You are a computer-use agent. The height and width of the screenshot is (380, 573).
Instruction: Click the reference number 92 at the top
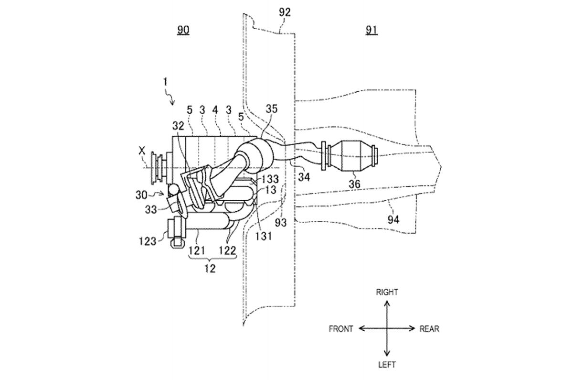285,12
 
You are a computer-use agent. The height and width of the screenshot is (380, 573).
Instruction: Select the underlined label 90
183,30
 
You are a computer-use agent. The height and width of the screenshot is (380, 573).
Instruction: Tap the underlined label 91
371,30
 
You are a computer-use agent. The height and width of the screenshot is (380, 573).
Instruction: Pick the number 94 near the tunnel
393,219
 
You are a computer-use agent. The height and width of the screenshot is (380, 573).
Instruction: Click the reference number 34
304,177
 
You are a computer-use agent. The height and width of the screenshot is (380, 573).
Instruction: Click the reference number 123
148,241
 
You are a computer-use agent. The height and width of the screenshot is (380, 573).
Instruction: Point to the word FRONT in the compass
341,329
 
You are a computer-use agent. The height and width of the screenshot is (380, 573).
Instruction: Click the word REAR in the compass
429,329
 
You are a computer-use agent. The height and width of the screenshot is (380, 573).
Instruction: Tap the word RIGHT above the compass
387,292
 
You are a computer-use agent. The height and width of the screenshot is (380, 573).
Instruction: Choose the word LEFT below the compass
387,365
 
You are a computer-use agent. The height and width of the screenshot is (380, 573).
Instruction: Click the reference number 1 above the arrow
166,81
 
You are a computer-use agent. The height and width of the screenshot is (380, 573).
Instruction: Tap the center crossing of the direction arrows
387,328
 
